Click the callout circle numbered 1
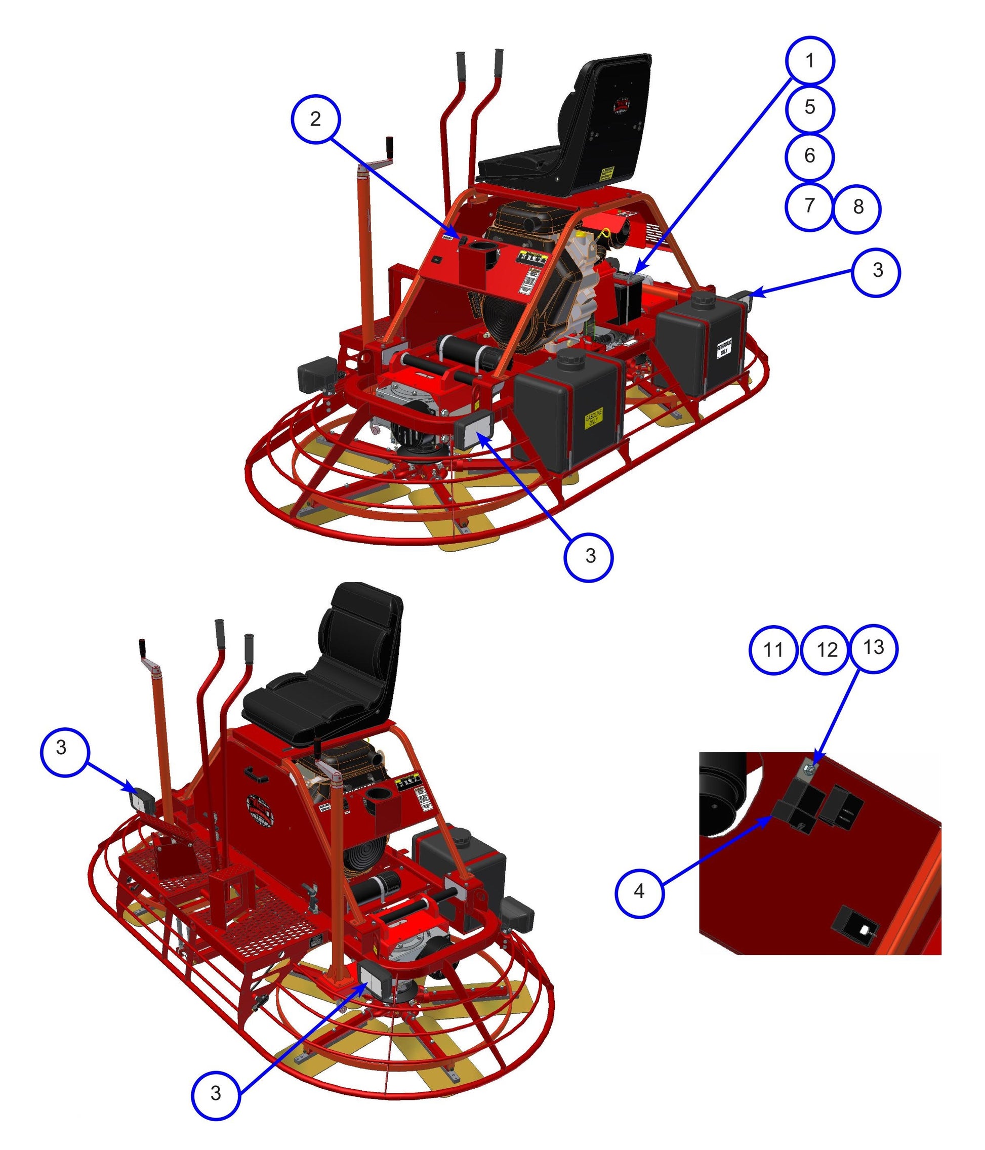(x=810, y=61)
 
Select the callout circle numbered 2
(x=316, y=119)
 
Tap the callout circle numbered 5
(x=810, y=108)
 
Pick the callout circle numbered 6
(x=810, y=156)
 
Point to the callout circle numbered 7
(x=809, y=206)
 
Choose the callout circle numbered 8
(x=857, y=207)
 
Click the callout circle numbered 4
(x=639, y=892)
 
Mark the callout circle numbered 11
(x=773, y=650)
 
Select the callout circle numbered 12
(x=826, y=650)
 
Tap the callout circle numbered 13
(x=874, y=648)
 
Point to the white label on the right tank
(x=724, y=348)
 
